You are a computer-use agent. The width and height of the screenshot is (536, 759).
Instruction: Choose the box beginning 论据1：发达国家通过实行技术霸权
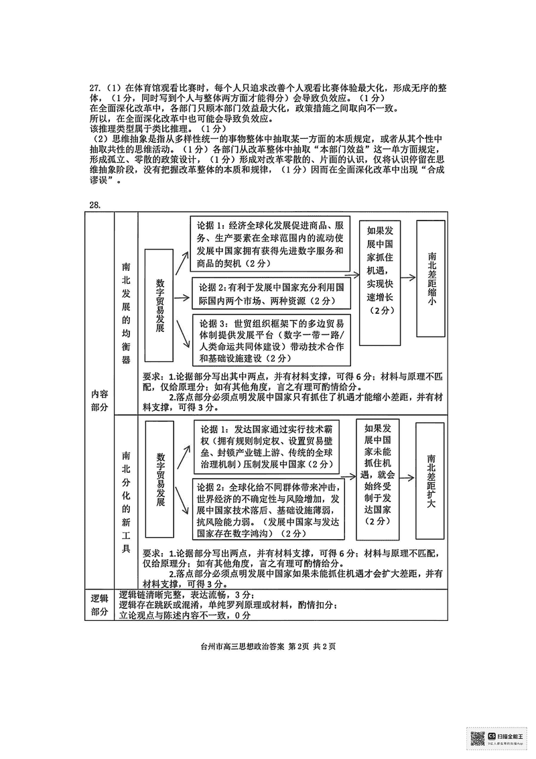pyautogui.click(x=271, y=445)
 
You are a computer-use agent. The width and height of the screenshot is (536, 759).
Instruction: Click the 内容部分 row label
pyautogui.click(x=98, y=400)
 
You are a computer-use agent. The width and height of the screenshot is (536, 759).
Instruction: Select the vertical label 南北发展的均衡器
pyautogui.click(x=126, y=312)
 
